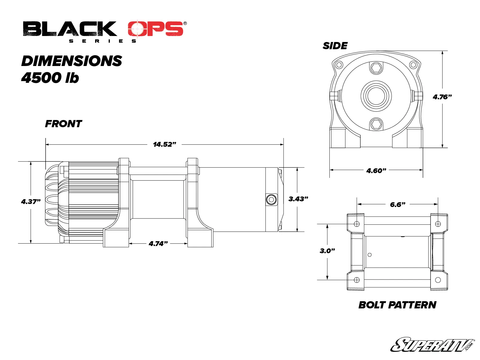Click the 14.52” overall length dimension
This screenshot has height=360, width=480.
164,144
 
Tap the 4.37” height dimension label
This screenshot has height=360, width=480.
31,202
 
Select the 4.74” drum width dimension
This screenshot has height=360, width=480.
158,243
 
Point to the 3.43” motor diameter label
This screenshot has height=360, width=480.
298,199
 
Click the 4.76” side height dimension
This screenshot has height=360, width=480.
442,97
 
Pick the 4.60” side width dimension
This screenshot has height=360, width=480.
376,171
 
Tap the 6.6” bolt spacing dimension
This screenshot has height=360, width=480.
397,205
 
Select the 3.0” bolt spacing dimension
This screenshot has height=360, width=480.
327,250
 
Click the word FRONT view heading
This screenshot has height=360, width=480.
63,124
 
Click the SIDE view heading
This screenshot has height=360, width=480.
335,46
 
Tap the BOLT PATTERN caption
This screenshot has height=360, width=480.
397,305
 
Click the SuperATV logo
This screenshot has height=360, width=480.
432,345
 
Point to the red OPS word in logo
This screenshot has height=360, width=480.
155,29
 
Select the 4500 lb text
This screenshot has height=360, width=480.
50,78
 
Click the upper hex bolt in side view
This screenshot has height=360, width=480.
376,68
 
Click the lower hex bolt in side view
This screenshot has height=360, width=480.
376,124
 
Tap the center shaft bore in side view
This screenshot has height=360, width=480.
376,96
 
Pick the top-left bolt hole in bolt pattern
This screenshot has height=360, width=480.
357,224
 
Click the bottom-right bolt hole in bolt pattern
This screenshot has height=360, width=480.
438,280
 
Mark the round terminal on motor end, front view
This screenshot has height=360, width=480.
271,199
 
